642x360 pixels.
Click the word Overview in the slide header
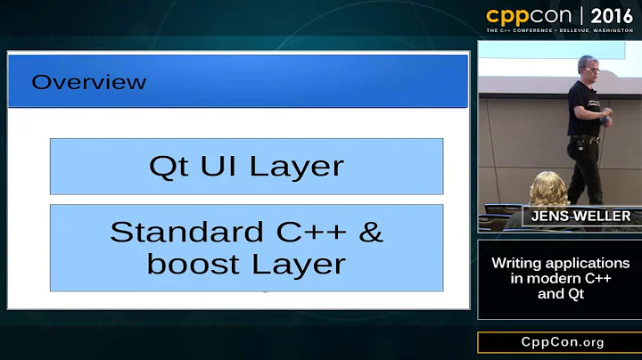click(x=89, y=83)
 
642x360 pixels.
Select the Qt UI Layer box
click(x=246, y=166)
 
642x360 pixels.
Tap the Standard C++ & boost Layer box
click(x=246, y=248)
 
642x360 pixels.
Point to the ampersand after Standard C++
click(x=368, y=232)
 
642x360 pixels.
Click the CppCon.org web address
click(x=559, y=343)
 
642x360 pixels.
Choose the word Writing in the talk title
click(x=517, y=264)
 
